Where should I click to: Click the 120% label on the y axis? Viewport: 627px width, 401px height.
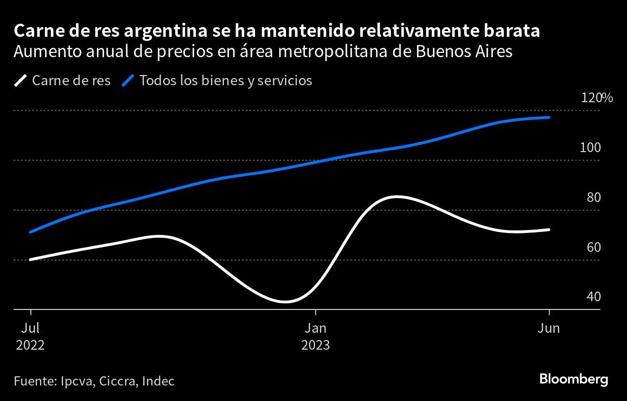[x=597, y=98]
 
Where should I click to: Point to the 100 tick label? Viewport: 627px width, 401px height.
[x=590, y=148]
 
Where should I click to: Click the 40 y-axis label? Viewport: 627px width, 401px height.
[x=593, y=296]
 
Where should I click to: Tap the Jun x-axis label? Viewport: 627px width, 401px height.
[x=549, y=328]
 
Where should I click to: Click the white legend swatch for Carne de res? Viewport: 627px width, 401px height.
[x=21, y=80]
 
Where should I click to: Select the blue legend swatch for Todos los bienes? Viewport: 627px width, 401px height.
[x=128, y=80]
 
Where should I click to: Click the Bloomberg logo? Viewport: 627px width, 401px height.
[x=573, y=379]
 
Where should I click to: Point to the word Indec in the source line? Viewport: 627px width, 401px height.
[x=158, y=381]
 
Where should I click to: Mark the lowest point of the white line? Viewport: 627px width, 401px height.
[x=284, y=302]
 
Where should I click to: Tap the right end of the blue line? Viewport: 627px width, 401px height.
[x=549, y=117]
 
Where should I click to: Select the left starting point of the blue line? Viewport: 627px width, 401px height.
[x=30, y=232]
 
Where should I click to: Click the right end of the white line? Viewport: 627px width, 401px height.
[x=549, y=230]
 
